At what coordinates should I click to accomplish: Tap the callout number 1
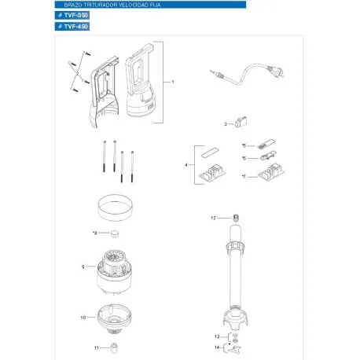[x=171, y=83]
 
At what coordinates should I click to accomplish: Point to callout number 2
[x=226, y=124]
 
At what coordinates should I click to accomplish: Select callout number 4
[x=186, y=165]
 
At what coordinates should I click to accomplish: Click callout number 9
[x=82, y=267]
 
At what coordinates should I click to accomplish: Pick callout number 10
[x=82, y=318]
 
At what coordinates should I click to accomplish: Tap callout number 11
[x=96, y=347]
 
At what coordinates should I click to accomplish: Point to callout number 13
[x=217, y=336]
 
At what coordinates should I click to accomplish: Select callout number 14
[x=217, y=347]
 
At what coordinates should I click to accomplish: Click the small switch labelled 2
[x=241, y=123]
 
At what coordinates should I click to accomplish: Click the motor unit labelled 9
[x=116, y=271]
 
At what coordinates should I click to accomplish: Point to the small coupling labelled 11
[x=115, y=347]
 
